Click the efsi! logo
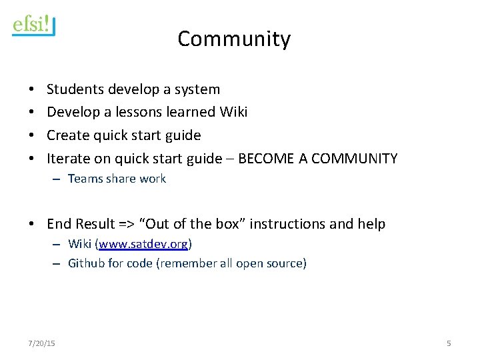pyautogui.click(x=33, y=25)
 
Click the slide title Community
pyautogui.click(x=234, y=39)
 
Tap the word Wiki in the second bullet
pyautogui.click(x=233, y=112)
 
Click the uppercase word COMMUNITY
pyautogui.click(x=354, y=159)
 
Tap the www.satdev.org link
pyautogui.click(x=143, y=244)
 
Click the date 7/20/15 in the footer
pyautogui.click(x=41, y=343)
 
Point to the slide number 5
pyautogui.click(x=449, y=343)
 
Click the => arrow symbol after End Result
pyautogui.click(x=127, y=224)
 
